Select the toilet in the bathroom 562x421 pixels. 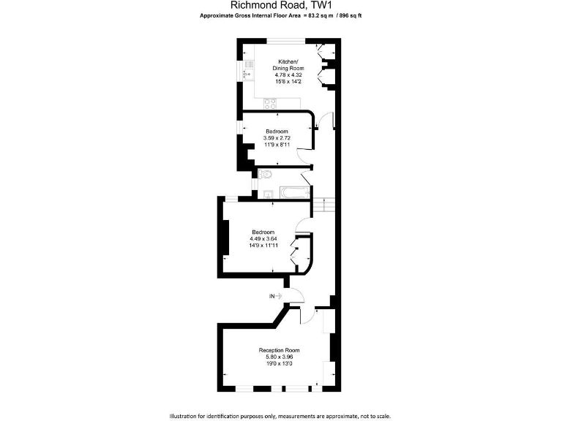(266, 175)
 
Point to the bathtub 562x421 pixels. (293, 193)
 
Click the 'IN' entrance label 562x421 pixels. (272, 296)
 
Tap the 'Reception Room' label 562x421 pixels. (279, 351)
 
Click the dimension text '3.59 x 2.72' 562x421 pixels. (277, 138)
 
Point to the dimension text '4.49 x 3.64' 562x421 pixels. (263, 238)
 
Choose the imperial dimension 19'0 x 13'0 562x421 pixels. (279, 363)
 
